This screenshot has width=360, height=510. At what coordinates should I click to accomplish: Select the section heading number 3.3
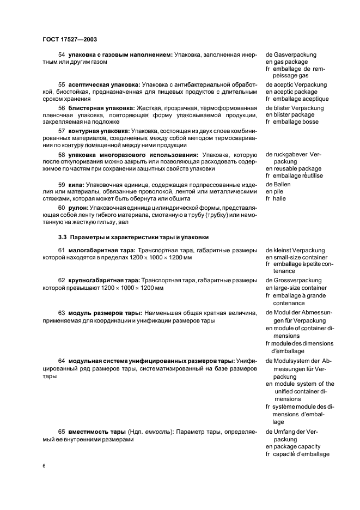[x=62, y=237]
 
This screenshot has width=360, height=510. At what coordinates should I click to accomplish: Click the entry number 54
[x=62, y=55]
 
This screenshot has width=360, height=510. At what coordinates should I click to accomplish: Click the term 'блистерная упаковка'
[x=95, y=108]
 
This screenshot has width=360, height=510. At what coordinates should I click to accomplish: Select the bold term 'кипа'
[x=75, y=184]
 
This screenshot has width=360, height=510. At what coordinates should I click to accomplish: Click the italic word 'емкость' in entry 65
[x=157, y=432]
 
